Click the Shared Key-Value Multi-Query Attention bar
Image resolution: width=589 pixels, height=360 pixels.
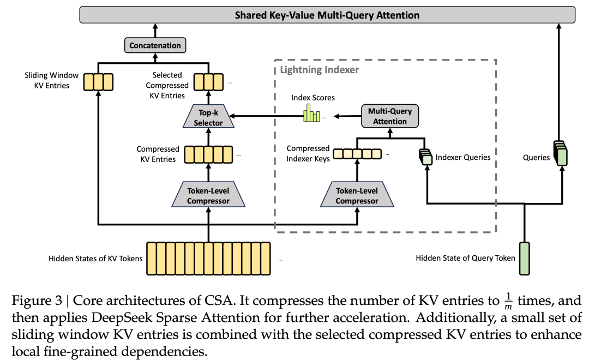point(327,15)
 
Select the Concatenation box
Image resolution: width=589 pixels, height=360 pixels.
point(155,45)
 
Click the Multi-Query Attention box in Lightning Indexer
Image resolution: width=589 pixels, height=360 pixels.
point(390,116)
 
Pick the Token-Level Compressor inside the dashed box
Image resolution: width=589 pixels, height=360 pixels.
point(357,195)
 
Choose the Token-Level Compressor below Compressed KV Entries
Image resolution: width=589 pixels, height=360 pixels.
point(208,195)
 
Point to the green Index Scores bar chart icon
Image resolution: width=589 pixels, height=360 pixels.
point(312,113)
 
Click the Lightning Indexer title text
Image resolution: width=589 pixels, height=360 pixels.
point(319,70)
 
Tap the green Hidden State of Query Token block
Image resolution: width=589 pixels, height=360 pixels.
point(525,259)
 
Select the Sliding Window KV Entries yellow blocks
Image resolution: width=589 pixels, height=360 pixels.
point(98,82)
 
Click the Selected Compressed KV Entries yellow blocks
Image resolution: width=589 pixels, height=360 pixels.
point(208,82)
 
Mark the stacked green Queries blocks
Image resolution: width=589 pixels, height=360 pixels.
point(561,153)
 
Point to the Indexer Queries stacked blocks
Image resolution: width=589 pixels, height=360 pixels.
point(426,157)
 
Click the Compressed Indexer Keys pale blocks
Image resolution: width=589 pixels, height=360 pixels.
point(357,154)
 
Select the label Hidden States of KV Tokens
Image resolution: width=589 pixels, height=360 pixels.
point(95,259)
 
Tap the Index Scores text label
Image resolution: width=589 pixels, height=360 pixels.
point(313,98)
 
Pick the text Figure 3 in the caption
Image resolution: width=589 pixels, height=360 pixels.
point(37,301)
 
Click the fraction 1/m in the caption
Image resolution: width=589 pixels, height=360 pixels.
point(508,301)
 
